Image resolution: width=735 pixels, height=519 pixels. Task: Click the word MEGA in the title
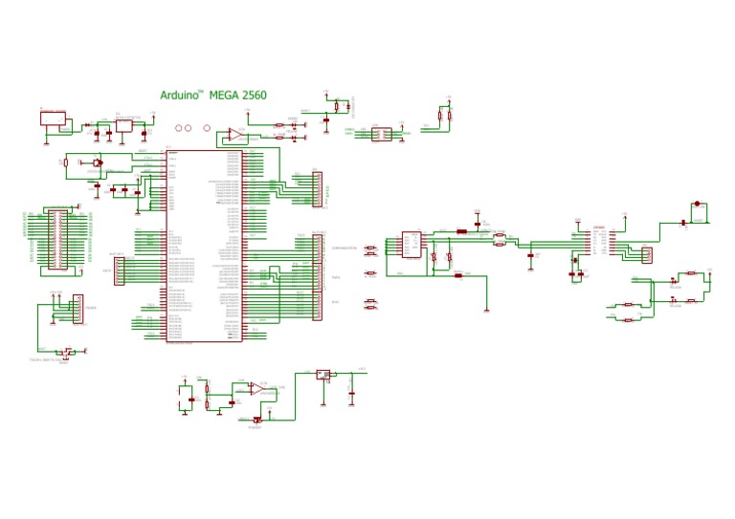point(225,96)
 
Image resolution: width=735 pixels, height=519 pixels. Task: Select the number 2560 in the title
point(255,96)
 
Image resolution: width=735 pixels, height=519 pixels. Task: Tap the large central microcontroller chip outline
point(204,246)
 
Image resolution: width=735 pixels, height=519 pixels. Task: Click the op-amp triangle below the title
point(233,136)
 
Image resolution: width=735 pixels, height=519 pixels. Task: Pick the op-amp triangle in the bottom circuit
point(256,389)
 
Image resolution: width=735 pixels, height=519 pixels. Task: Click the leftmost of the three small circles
point(177,128)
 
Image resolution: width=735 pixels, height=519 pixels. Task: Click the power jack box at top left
point(53,119)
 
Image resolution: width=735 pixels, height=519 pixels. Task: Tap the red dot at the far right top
point(697,204)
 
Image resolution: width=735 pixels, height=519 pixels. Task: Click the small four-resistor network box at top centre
point(381,134)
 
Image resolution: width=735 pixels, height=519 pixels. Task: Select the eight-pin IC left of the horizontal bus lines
point(412,245)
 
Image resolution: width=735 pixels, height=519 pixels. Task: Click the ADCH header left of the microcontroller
point(120,271)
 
